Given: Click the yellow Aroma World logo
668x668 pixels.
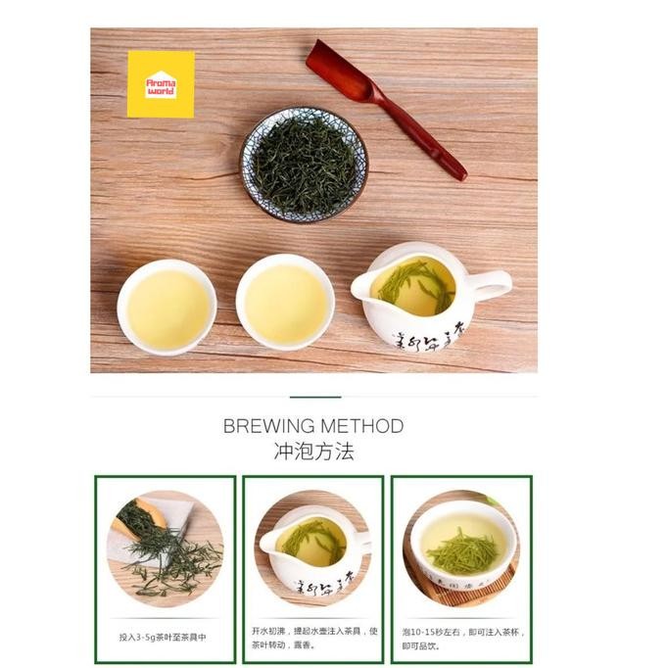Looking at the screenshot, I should (161, 84).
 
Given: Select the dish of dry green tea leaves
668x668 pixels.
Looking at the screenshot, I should (304, 164).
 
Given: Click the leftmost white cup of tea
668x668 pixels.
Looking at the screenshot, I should (167, 306).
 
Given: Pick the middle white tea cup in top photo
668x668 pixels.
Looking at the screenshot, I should (285, 303).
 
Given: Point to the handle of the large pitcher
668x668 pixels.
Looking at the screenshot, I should (489, 285).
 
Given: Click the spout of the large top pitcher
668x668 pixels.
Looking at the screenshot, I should (362, 287).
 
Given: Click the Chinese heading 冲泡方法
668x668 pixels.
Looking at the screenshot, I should (313, 452).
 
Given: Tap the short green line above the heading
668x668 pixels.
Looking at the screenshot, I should (315, 397).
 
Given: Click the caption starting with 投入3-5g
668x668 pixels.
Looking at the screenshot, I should (163, 637).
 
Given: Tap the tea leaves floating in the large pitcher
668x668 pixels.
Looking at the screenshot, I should (415, 281).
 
